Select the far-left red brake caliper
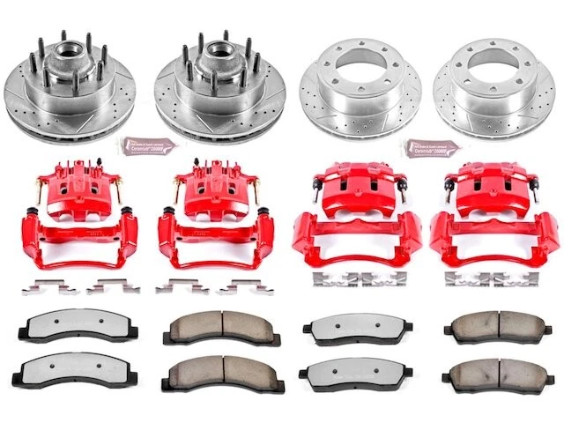tap(75, 220)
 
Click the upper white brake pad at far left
tap(70, 329)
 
